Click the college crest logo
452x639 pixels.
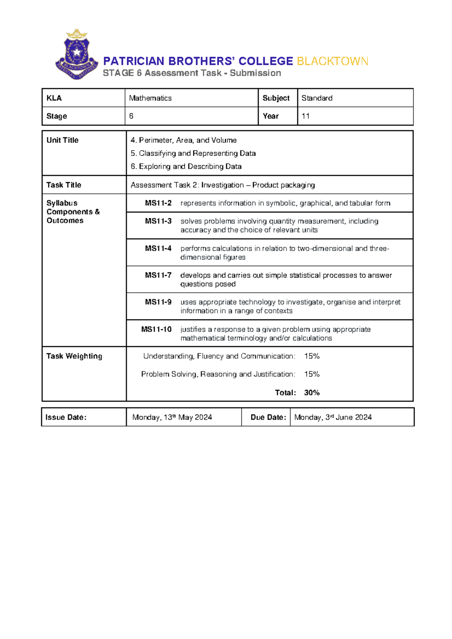[77, 55]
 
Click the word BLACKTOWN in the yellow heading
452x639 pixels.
[332, 61]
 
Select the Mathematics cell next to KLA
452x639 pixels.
[150, 98]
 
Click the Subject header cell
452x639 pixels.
[276, 98]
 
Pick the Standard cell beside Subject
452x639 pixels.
[317, 98]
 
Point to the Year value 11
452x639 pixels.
[305, 116]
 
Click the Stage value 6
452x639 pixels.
[131, 116]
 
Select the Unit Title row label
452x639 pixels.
[63, 140]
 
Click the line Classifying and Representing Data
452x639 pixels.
[193, 154]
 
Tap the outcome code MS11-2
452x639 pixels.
[158, 203]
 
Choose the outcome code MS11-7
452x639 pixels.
[158, 275]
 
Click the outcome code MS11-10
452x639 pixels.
[156, 330]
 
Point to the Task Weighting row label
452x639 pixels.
[74, 356]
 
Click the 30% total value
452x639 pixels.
[312, 393]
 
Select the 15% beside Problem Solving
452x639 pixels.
[312, 374]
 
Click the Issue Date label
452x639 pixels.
[66, 417]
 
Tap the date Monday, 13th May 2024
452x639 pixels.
[172, 417]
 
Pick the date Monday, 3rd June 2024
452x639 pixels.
[333, 417]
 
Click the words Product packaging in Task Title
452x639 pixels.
[284, 185]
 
